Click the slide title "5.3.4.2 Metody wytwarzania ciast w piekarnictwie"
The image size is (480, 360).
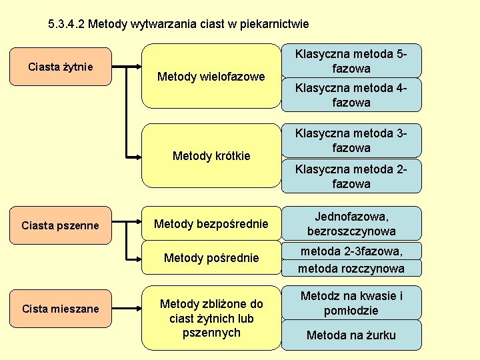coord(179,25)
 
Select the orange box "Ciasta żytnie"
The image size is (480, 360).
coord(60,67)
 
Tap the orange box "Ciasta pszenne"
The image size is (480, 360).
coord(60,225)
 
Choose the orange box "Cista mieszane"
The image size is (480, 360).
coord(60,309)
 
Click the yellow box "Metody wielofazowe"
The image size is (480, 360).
coord(211,76)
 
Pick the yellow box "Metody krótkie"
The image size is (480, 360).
coord(211,155)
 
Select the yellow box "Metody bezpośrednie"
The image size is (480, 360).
coord(211,223)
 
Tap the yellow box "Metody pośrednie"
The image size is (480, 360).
coord(211,257)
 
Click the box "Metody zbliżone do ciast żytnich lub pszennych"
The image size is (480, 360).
coord(211,318)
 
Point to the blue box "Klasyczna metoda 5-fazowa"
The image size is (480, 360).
coord(351,61)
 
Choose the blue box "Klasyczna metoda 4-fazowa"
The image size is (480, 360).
coord(351,95)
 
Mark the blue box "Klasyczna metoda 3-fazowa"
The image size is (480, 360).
coord(351,140)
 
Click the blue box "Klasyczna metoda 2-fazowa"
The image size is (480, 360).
coord(351,176)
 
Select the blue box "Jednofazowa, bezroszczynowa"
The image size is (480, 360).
coord(351,224)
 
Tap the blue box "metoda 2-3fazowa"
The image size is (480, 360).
coord(351,251)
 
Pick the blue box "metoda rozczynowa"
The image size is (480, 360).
coord(351,268)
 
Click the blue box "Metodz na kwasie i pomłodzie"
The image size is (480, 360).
coord(351,303)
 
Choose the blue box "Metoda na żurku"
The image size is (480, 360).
coord(351,335)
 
